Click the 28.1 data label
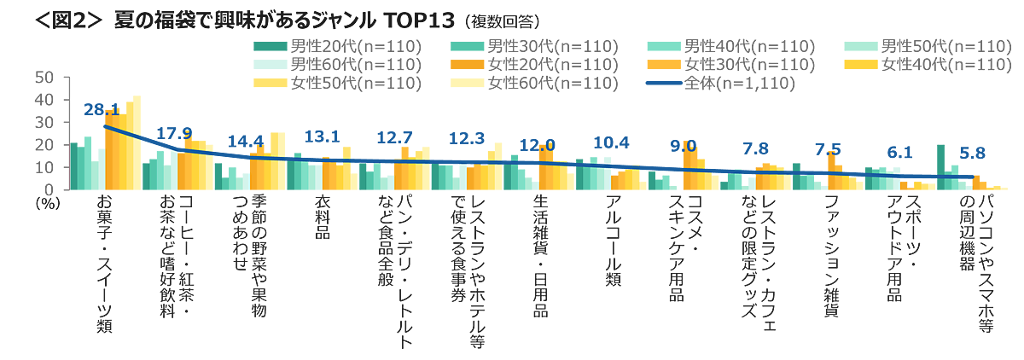pyautogui.click(x=101, y=110)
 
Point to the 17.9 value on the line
pyautogui.click(x=173, y=131)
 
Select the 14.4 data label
pyautogui.click(x=246, y=141)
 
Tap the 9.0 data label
pyautogui.click(x=683, y=145)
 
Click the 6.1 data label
pyautogui.click(x=899, y=153)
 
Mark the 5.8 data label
pyautogui.click(x=972, y=154)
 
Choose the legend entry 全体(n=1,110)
pyautogui.click(x=734, y=84)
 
